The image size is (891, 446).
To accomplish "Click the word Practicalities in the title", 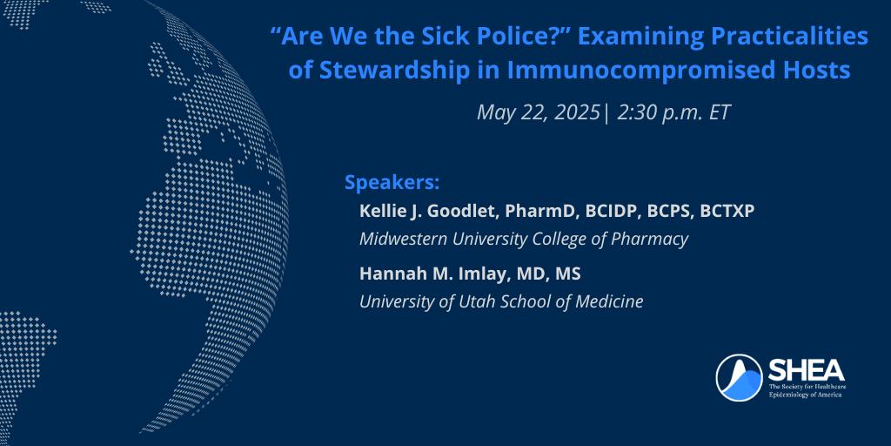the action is (789, 37).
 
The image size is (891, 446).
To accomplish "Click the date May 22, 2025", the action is (538, 112).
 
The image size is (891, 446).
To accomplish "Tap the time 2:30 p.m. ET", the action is (673, 112).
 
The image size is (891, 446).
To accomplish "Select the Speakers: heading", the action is (392, 184).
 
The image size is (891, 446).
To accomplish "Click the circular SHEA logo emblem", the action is (739, 378).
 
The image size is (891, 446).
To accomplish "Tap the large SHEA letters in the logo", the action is (806, 371).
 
